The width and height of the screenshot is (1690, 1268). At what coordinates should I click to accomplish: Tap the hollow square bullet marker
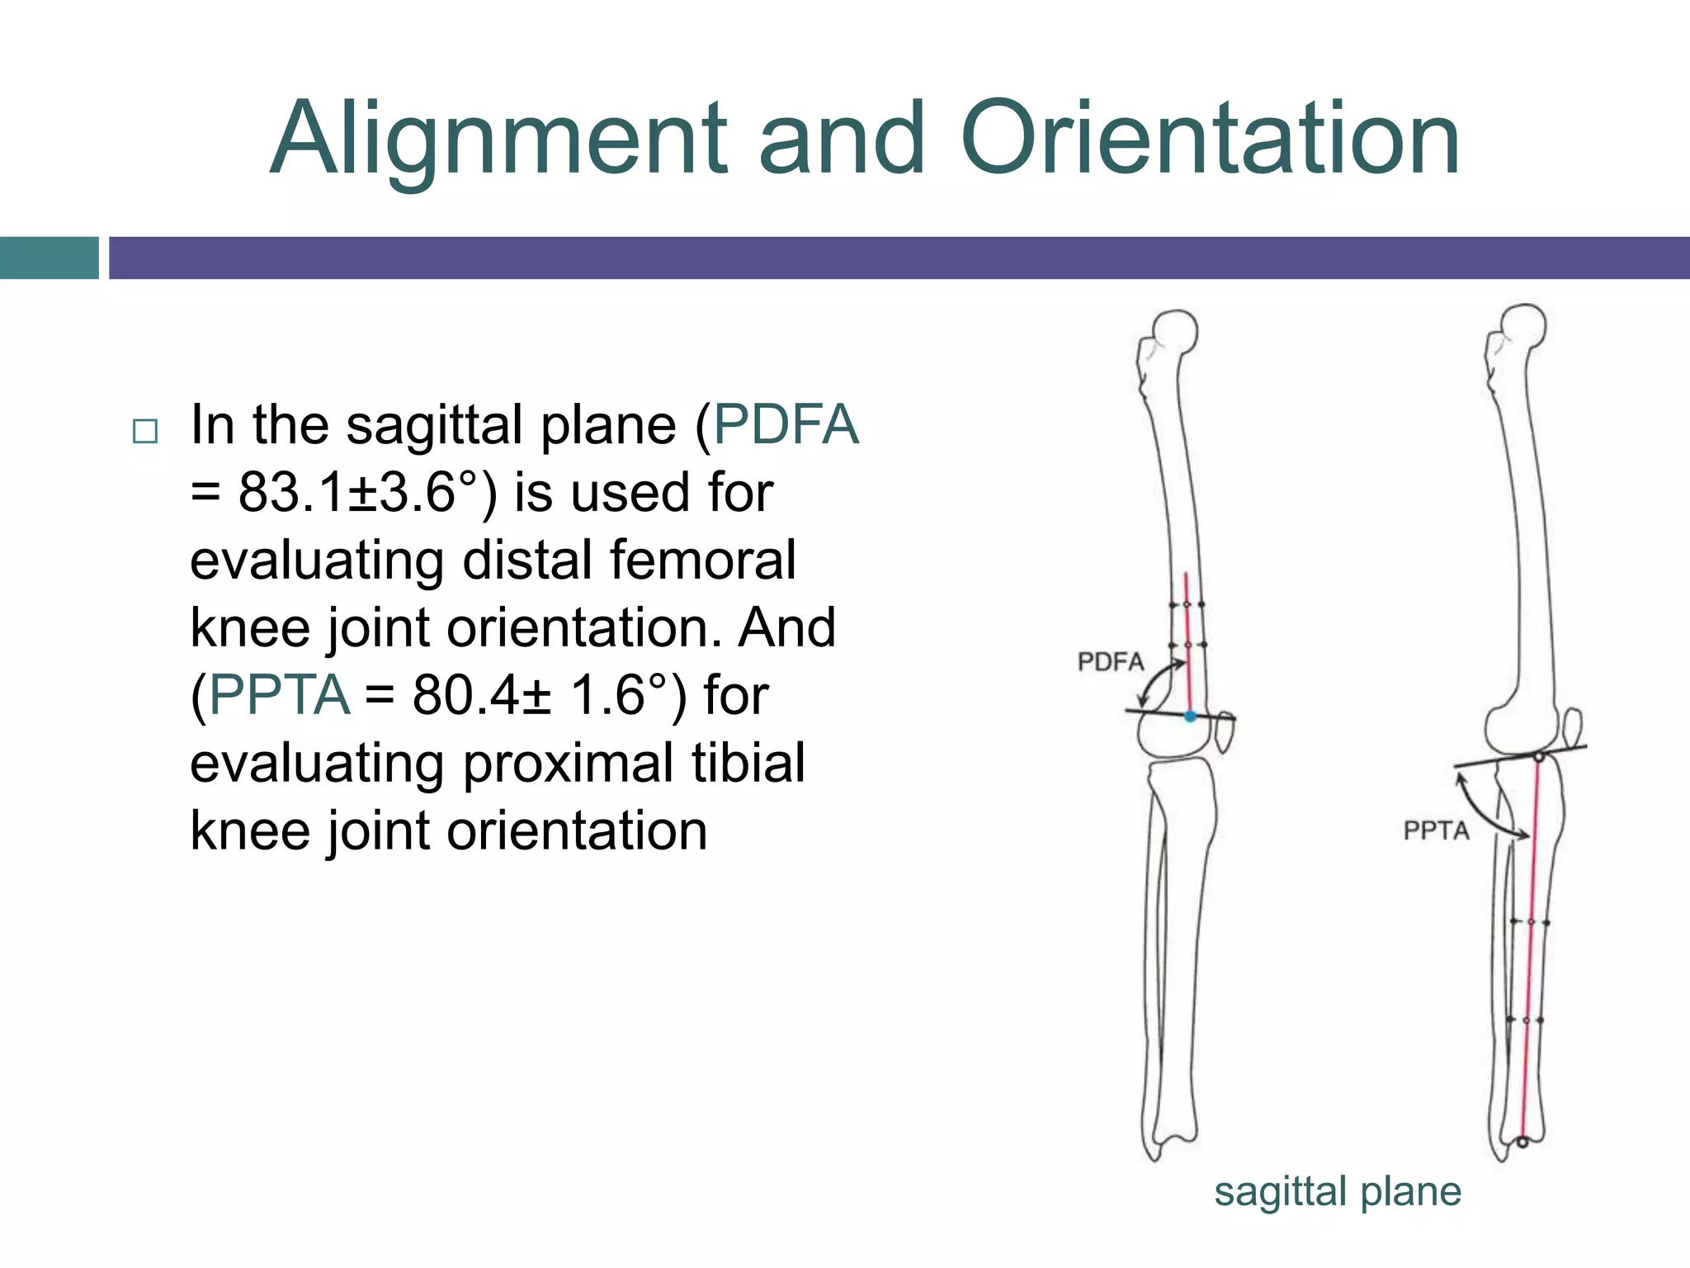point(145,431)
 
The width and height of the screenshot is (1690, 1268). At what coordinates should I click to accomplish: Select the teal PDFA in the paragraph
point(786,425)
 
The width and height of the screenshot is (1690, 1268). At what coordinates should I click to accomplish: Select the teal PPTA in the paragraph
point(279,695)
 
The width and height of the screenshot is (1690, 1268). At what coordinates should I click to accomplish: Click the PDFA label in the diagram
point(1111,662)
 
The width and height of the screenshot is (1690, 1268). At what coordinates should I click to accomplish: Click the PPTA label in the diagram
point(1437,830)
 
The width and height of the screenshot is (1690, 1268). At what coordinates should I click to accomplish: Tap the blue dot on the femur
point(1190,717)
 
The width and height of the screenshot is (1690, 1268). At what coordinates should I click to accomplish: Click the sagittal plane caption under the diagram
point(1338,1192)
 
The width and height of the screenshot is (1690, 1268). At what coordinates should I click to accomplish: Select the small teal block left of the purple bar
point(49,258)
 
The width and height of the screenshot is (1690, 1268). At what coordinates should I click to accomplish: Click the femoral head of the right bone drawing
point(1523,327)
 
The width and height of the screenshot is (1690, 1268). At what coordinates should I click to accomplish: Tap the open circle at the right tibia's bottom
point(1522,1143)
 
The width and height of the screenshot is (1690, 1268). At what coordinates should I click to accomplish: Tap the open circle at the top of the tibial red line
point(1539,756)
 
